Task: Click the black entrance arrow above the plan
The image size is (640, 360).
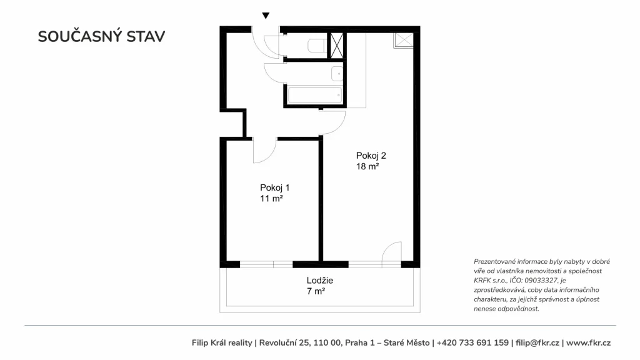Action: pos(266,16)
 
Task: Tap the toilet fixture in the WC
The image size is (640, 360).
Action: pos(317,45)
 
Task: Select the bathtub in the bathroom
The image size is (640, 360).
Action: pos(315,95)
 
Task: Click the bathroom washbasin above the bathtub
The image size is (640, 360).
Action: pos(337,74)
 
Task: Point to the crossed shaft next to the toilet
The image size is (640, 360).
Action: pos(337,45)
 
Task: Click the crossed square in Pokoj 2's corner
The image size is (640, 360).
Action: pos(404,41)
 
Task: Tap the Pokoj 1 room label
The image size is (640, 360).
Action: pos(275,187)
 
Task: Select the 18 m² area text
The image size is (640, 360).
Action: pos(367,166)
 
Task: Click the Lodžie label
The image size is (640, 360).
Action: pos(320,281)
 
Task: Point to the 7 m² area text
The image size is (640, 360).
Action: pos(316,291)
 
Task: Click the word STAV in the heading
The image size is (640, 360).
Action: pos(146,36)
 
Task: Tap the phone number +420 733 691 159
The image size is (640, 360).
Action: pos(472,343)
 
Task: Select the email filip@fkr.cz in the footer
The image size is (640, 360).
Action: pos(537,343)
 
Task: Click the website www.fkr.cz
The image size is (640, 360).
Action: pos(588,343)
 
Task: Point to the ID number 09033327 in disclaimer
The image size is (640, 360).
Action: pos(541,281)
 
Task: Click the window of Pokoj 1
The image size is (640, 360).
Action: pos(266,264)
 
